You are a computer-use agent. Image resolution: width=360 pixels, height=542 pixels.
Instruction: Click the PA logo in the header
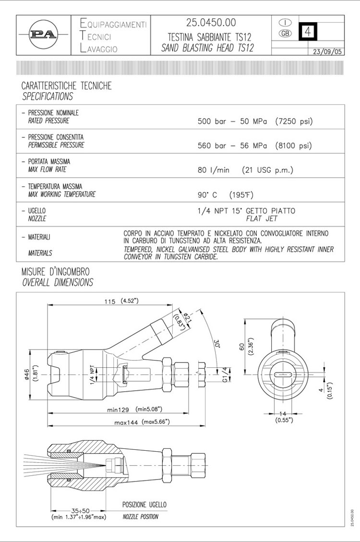[x=43, y=35]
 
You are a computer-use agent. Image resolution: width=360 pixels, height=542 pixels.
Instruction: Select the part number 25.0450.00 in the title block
[x=211, y=23]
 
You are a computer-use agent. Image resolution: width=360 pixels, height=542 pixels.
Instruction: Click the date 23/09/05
[x=327, y=51]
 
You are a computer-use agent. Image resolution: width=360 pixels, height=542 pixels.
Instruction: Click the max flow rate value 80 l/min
[x=214, y=170]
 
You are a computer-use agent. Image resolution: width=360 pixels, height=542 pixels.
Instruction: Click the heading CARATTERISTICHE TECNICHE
[x=66, y=86]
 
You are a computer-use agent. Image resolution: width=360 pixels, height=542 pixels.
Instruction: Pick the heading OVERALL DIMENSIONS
[x=58, y=282]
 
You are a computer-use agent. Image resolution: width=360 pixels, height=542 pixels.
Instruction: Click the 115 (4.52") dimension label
[x=121, y=301]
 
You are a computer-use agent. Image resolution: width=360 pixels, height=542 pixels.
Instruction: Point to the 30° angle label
[x=216, y=344]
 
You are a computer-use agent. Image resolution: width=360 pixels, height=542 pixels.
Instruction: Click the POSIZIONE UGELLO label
[x=144, y=505]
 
